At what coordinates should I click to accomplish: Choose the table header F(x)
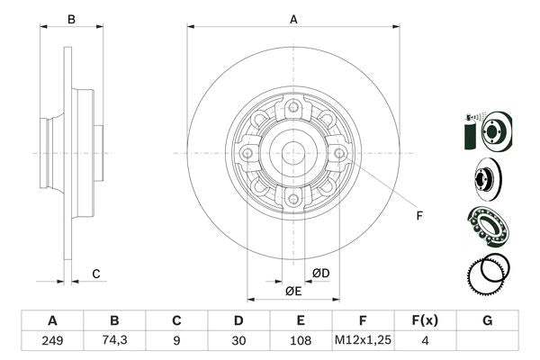[x=425, y=320]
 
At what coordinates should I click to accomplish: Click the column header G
[x=487, y=320]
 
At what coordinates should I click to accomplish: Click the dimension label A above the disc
[x=293, y=19]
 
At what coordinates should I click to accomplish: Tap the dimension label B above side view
[x=71, y=19]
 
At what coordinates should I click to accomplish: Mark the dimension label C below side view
[x=95, y=274]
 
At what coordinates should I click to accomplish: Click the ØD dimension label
[x=320, y=274]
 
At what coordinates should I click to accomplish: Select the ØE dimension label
[x=293, y=291]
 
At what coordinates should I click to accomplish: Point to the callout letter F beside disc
[x=418, y=215]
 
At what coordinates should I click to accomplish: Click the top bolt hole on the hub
[x=292, y=110]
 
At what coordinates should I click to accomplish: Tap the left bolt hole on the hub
[x=247, y=154]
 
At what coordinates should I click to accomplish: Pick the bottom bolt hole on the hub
[x=292, y=198]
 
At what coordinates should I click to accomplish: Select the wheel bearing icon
[x=487, y=224]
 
